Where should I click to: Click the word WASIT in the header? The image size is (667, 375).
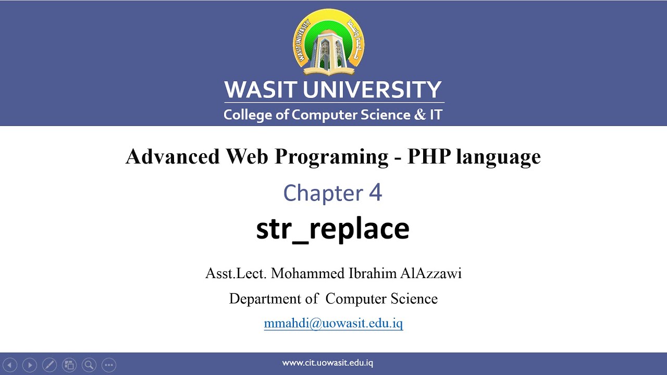coord(261,90)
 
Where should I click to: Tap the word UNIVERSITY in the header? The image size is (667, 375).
coord(372,90)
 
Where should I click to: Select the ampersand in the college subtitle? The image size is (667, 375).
coord(419,115)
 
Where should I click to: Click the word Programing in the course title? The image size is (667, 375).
coord(331,156)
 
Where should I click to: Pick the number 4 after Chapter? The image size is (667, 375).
coord(375,193)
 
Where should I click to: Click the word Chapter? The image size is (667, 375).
coord(323,193)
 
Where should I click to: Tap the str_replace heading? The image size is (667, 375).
coord(332,228)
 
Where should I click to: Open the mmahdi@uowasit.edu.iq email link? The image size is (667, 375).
coord(333,323)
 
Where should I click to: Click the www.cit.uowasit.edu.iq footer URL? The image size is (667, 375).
coord(327,363)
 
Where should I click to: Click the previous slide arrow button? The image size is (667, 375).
coord(10,365)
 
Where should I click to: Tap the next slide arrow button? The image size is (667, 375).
coord(30,365)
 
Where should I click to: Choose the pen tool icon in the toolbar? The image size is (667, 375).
coord(49,365)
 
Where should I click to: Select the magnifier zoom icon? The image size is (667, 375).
coord(89,365)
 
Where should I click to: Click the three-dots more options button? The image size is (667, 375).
coord(108,365)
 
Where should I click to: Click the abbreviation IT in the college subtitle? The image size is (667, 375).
coord(436,115)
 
